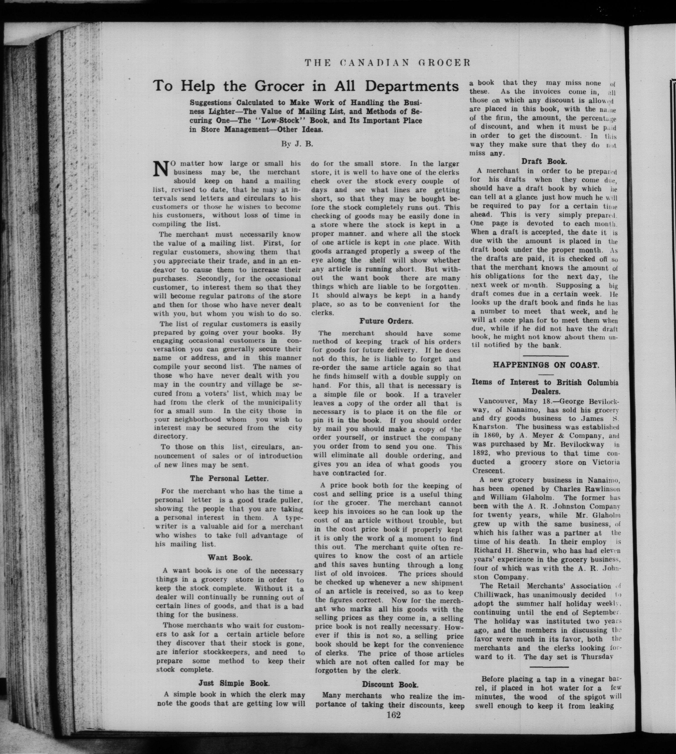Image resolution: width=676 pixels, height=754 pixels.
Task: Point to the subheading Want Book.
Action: [230, 558]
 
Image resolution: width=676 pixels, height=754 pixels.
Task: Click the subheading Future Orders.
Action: [386, 321]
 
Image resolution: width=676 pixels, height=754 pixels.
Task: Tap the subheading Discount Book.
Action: [390, 685]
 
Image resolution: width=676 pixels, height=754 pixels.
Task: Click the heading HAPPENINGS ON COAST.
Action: [546, 365]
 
